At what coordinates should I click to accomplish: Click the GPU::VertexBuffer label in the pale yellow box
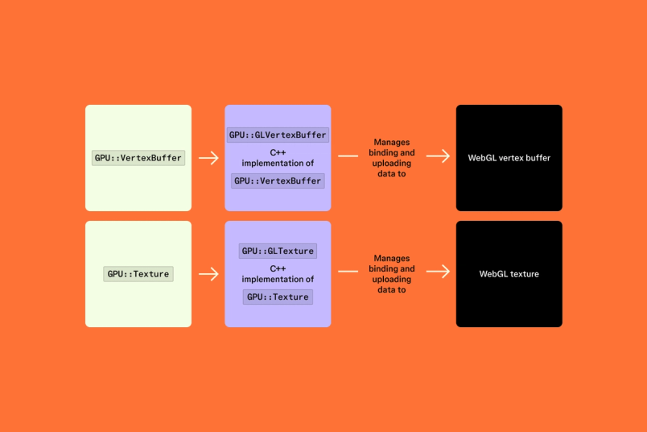[138, 158]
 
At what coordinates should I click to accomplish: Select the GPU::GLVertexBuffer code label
[278, 135]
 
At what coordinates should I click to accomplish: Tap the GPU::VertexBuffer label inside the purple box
[278, 181]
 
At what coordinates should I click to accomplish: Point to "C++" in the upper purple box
[278, 152]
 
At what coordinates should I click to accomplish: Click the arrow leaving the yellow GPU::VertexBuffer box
[208, 158]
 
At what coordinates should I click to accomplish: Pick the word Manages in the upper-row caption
[392, 143]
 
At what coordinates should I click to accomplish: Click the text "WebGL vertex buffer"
[509, 158]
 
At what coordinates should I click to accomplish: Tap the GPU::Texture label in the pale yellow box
[138, 274]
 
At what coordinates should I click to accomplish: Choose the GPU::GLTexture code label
[278, 251]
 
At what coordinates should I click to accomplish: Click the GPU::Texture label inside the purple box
[278, 297]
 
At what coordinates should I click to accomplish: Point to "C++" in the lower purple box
[278, 268]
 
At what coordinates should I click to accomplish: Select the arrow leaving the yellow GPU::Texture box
[208, 274]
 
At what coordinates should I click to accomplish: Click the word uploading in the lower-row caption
[392, 279]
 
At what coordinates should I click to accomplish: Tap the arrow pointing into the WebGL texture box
[438, 272]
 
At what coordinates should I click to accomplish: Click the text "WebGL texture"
[509, 274]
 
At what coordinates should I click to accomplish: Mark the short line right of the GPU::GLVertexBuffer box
[348, 156]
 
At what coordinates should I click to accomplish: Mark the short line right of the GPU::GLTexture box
[348, 272]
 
